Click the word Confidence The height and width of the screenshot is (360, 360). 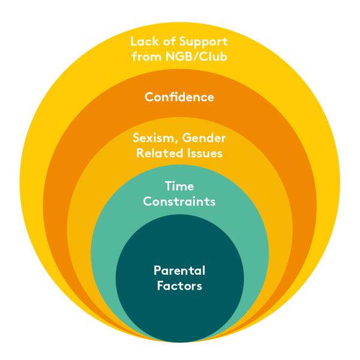pyautogui.click(x=179, y=96)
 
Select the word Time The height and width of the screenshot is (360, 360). pyautogui.click(x=179, y=187)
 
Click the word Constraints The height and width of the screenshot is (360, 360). pyautogui.click(x=179, y=202)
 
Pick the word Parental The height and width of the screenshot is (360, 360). pyautogui.click(x=179, y=271)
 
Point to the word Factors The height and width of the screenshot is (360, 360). pyautogui.click(x=179, y=286)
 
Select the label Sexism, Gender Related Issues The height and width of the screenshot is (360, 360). pyautogui.click(x=179, y=146)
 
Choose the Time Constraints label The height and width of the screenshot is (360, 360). pyautogui.click(x=179, y=194)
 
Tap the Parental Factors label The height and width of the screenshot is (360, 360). pyautogui.click(x=179, y=278)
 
